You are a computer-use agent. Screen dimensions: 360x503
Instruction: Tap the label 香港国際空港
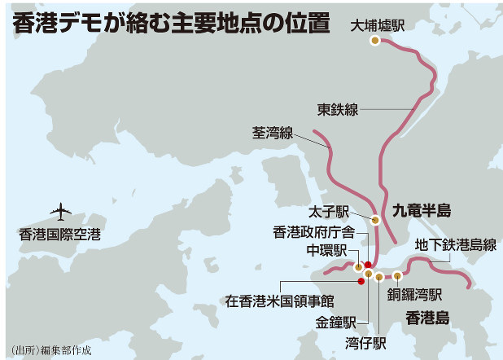tap(60, 235)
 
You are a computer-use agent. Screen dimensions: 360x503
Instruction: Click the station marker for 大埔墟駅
tap(374, 40)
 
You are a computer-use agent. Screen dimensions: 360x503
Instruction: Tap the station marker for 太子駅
tap(375, 219)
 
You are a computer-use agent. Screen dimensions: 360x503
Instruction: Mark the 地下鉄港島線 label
tap(455, 244)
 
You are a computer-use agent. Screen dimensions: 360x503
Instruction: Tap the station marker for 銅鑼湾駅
tap(396, 274)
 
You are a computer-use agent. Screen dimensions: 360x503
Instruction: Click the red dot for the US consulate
tap(361, 282)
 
